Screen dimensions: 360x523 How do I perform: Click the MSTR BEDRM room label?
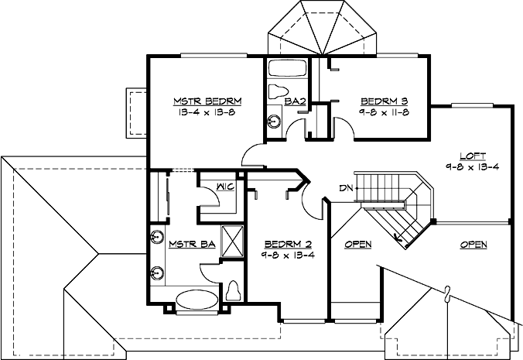[x=207, y=101]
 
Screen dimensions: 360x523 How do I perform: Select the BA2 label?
[x=293, y=101]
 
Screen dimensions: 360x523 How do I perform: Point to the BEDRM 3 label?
[x=384, y=101]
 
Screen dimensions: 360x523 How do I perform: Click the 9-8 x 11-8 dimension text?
[x=384, y=112]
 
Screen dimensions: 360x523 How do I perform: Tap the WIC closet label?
[x=226, y=187]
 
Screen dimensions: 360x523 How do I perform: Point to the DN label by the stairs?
[x=345, y=187]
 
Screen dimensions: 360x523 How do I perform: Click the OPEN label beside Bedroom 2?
[x=357, y=245]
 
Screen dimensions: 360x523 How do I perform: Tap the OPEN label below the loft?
[x=473, y=245]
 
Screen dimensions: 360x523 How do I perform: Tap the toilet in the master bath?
[x=234, y=290]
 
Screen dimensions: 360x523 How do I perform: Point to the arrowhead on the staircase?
[x=398, y=238]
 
